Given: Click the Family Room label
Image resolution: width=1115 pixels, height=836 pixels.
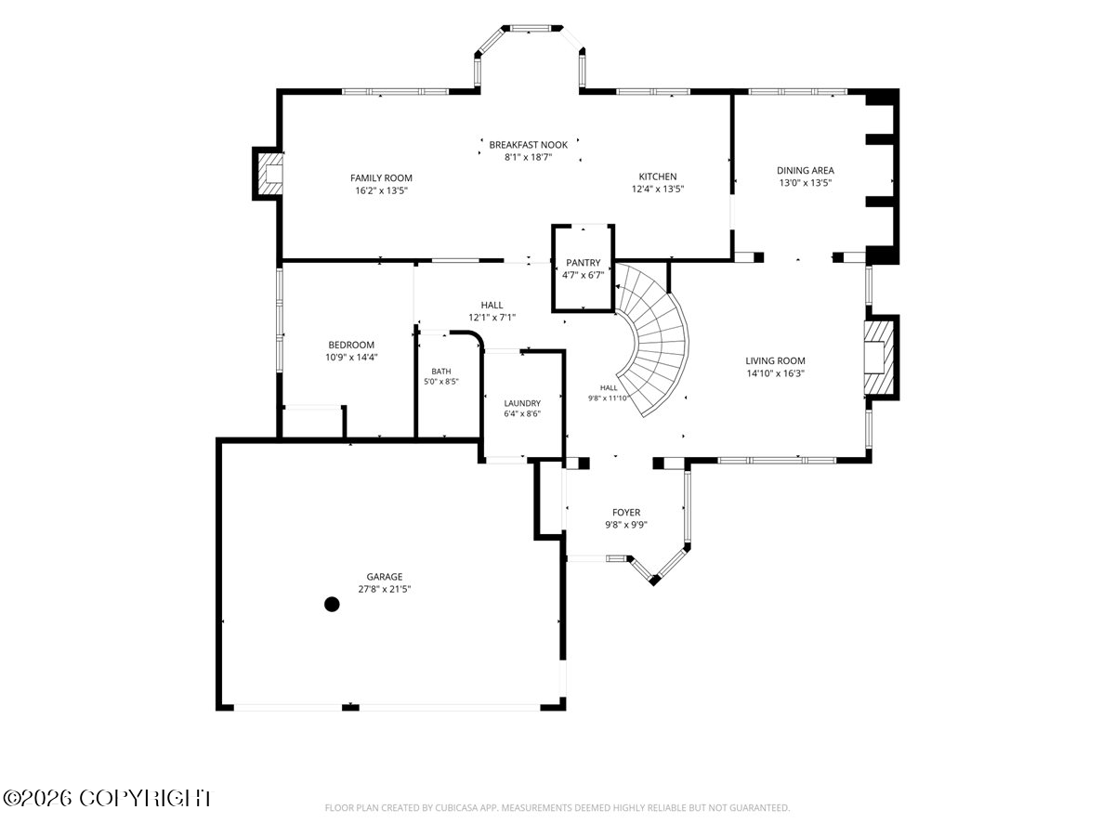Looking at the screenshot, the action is [381, 178].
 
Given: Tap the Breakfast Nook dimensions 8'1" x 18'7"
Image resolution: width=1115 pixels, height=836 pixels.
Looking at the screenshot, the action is [529, 157].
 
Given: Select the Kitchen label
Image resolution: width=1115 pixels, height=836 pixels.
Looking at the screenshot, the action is [658, 176].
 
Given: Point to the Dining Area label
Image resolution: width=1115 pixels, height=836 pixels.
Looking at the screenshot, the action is [806, 171].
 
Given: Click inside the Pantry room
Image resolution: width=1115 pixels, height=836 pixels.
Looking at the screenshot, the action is [584, 268].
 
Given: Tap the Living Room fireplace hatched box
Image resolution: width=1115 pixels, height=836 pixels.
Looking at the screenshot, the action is [878, 358].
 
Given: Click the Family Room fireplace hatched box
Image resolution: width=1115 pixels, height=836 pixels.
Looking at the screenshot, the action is [269, 174].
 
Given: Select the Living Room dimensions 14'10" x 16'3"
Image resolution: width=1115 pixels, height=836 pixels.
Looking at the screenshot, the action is [775, 373].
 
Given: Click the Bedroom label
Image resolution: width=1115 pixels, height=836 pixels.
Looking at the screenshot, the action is [351, 345].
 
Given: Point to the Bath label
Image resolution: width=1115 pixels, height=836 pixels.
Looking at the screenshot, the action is [441, 372].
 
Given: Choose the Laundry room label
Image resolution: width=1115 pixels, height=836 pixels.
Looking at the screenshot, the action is [522, 403].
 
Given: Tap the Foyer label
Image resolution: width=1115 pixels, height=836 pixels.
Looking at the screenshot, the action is [626, 513].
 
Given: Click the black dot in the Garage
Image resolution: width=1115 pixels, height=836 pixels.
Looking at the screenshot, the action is [332, 605].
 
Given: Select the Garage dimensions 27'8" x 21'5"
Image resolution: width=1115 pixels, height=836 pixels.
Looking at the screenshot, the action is [384, 589].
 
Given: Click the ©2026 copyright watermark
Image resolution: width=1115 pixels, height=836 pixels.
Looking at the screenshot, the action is [107, 799].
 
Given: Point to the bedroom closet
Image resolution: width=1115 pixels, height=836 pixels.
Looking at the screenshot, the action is [312, 423].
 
